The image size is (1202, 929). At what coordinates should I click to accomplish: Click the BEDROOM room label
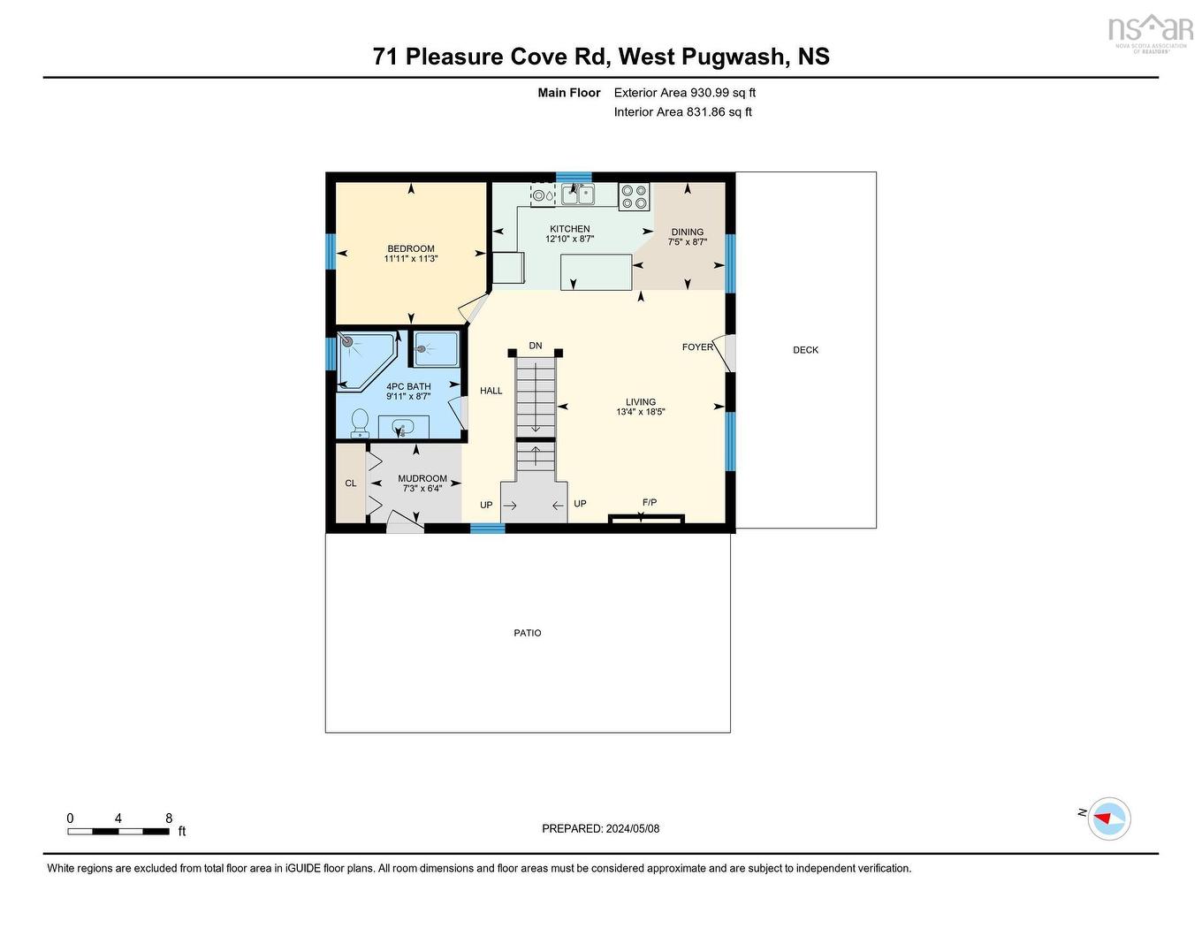click(x=411, y=248)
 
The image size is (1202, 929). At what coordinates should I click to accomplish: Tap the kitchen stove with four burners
click(x=634, y=196)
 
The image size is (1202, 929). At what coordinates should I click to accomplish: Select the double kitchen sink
click(x=575, y=194)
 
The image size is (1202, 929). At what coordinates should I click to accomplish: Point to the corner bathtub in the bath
click(x=365, y=359)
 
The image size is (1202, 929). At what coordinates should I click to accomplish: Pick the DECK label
click(x=805, y=350)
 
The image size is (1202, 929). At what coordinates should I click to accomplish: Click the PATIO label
click(x=528, y=633)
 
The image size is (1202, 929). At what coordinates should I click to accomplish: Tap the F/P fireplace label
click(x=650, y=503)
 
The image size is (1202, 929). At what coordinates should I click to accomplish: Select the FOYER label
click(x=697, y=347)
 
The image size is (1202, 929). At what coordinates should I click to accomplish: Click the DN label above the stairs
click(x=536, y=346)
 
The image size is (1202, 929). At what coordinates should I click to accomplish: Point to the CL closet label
click(x=351, y=484)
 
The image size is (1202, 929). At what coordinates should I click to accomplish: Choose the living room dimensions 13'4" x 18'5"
click(x=641, y=412)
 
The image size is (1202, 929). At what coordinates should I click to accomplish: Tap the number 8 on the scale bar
click(x=169, y=819)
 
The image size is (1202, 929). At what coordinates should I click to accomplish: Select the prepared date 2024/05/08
click(x=632, y=829)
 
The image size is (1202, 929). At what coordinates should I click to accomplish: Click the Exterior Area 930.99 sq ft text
click(x=685, y=93)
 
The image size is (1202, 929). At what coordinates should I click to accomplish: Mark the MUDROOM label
click(x=422, y=479)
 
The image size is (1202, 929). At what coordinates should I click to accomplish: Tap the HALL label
click(x=491, y=391)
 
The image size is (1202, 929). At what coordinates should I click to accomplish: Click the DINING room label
click(x=688, y=232)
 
